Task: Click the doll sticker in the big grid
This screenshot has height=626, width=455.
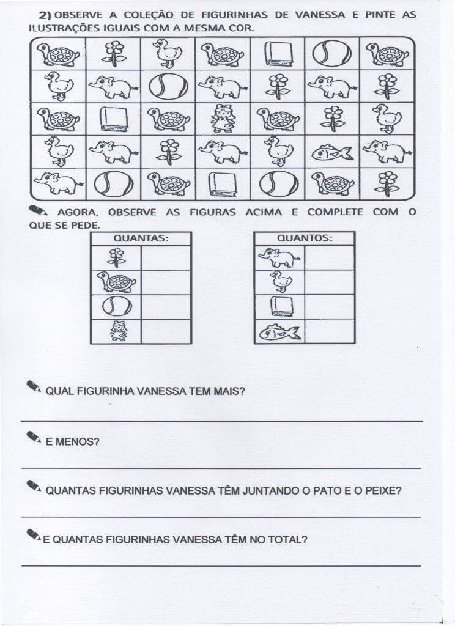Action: point(223,118)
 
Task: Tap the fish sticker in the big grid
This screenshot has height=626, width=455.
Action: point(332,151)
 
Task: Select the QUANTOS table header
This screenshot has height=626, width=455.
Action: point(305,238)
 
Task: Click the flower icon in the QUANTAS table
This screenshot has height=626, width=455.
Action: point(116,257)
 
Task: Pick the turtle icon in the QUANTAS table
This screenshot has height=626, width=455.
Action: point(116,282)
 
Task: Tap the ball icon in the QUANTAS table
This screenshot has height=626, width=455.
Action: point(116,306)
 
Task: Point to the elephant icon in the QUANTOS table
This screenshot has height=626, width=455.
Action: point(279,257)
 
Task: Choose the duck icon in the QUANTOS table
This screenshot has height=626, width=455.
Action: point(279,282)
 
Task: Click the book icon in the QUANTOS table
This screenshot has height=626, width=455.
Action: point(279,306)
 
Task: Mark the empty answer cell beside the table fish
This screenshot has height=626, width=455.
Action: point(330,331)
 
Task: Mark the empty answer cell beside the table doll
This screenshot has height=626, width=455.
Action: point(166,331)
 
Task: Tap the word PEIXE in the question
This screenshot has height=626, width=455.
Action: point(379,490)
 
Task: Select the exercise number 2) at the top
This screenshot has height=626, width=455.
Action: point(45,15)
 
